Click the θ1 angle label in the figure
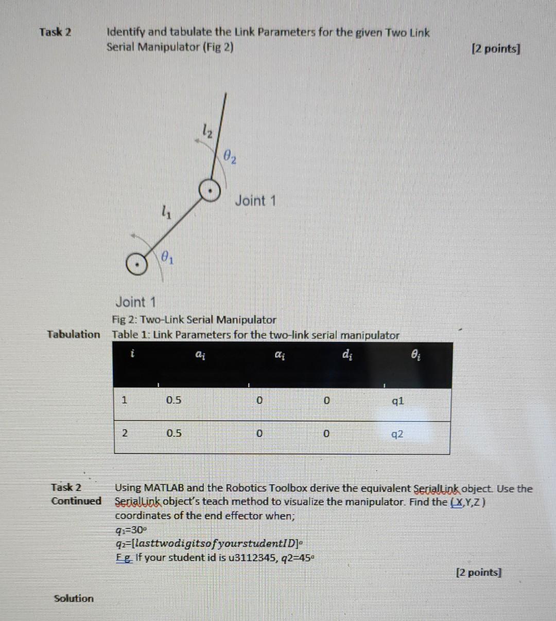(167, 255)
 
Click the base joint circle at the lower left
(137, 265)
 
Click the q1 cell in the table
(398, 400)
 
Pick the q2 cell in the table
(397, 434)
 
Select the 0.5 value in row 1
(173, 400)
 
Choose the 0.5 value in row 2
(173, 433)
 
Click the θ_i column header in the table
(420, 354)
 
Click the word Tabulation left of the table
(74, 335)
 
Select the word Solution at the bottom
(74, 598)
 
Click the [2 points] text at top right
(496, 49)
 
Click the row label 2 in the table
(124, 433)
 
